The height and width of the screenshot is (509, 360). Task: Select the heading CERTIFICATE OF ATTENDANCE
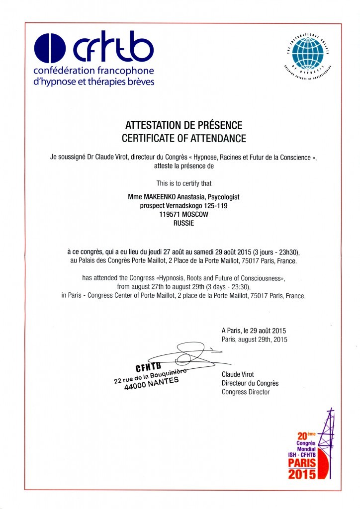(x=183, y=138)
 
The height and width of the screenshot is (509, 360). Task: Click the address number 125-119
(x=215, y=205)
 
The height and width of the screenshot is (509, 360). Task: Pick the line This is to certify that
(x=183, y=183)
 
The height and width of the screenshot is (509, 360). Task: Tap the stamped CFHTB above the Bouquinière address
(x=149, y=368)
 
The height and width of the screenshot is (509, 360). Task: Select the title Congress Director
(x=245, y=392)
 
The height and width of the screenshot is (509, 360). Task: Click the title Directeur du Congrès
(x=250, y=383)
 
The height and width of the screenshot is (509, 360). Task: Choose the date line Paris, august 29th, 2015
(x=254, y=339)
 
